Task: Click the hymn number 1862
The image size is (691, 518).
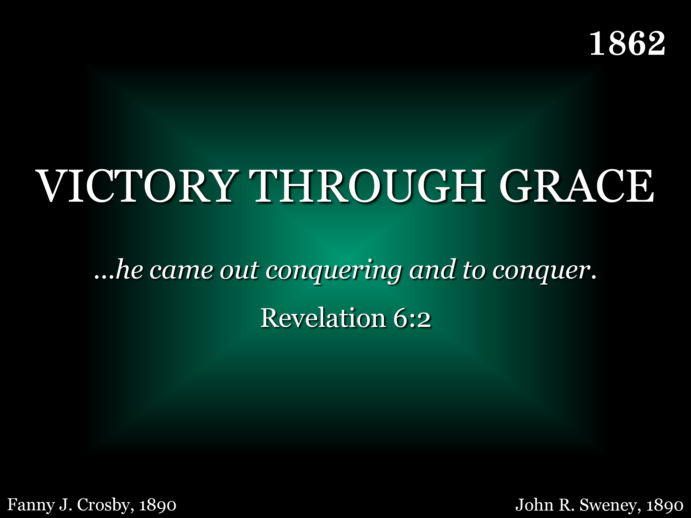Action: click(627, 44)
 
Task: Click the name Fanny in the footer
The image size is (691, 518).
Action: click(31, 505)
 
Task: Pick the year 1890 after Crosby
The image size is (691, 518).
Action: click(158, 505)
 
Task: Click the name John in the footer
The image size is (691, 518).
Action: click(534, 505)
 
